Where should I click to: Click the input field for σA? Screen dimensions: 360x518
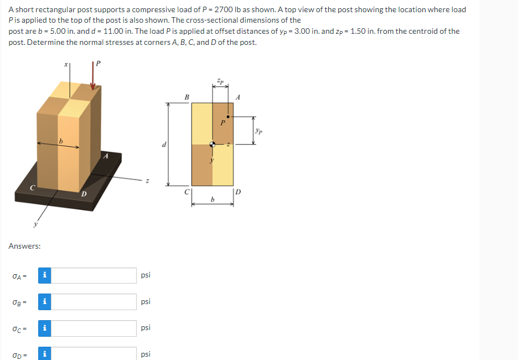(x=94, y=275)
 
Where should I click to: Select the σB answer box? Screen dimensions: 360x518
(x=94, y=302)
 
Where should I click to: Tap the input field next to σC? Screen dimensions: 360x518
(x=94, y=328)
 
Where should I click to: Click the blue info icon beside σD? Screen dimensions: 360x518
(x=44, y=353)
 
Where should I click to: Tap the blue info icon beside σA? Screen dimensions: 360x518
(x=44, y=275)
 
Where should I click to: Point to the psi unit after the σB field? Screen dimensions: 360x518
(x=146, y=302)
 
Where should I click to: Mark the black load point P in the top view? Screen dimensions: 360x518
(x=228, y=117)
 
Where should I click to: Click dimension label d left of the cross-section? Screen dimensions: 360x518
(x=164, y=145)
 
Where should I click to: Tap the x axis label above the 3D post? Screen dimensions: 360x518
(x=66, y=64)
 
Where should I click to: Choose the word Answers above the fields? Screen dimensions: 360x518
(x=24, y=246)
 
